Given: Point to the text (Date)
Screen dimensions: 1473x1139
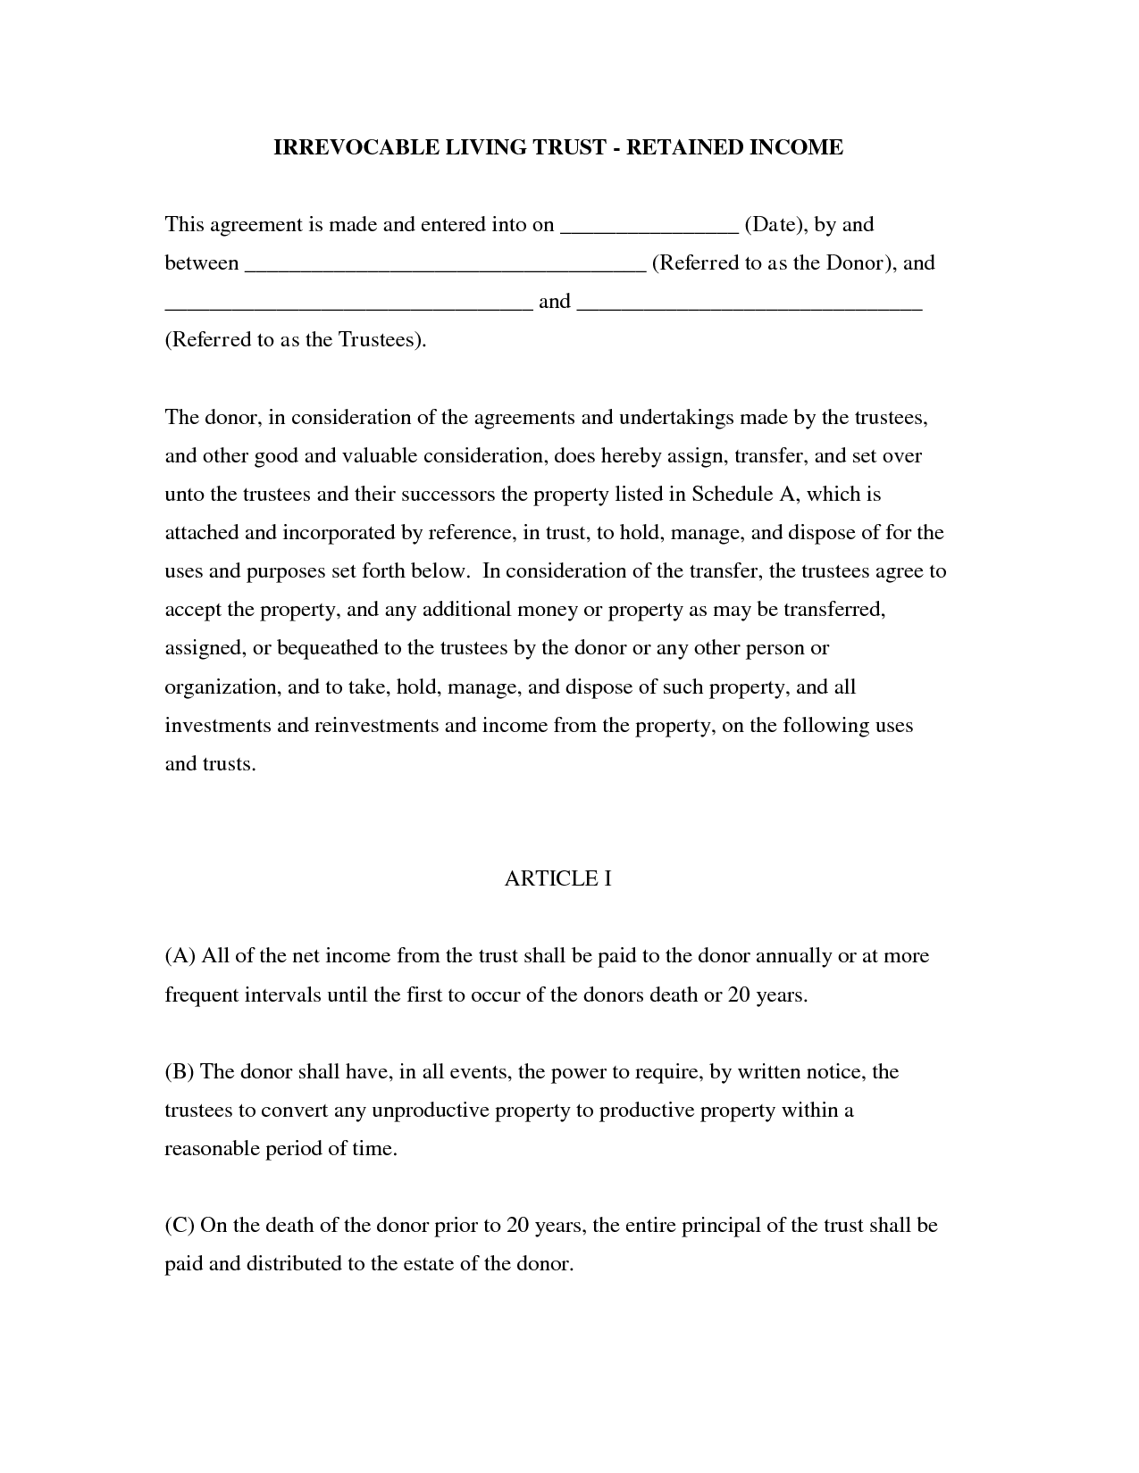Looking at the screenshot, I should click(775, 225).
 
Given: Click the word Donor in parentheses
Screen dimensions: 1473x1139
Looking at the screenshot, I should click(853, 263).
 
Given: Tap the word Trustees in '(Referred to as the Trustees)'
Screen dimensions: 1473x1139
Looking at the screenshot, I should click(378, 340).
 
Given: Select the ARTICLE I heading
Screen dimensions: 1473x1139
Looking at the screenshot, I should click(557, 879).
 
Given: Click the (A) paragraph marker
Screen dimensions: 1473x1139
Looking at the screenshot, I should click(180, 956).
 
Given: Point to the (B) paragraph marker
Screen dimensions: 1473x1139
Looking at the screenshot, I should click(180, 1071).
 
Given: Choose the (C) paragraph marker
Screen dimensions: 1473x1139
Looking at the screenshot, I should click(180, 1225).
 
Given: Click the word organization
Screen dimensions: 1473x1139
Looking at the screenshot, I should click(221, 687).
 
